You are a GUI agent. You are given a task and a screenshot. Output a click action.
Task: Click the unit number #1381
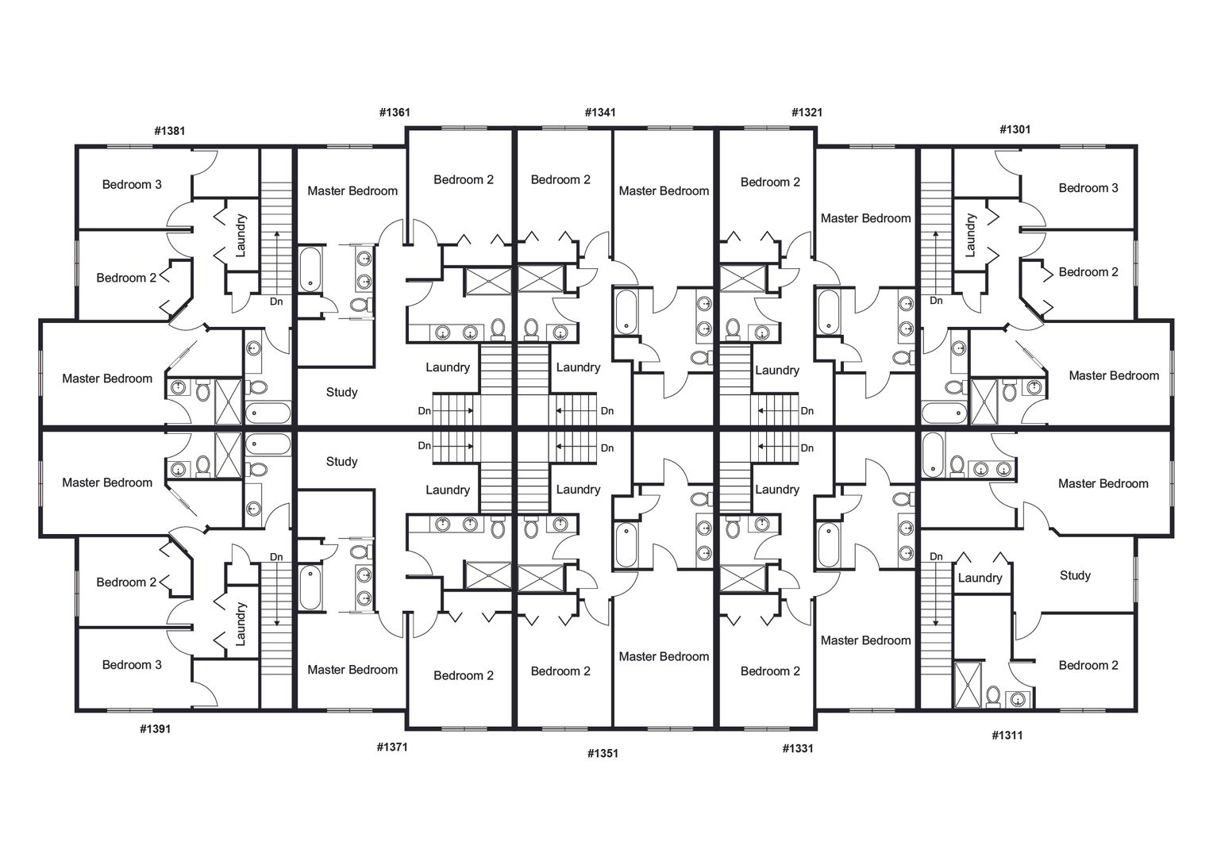[x=170, y=130]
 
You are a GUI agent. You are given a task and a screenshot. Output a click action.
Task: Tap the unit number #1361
[x=395, y=112]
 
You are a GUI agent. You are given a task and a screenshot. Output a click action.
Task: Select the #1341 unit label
[x=600, y=112]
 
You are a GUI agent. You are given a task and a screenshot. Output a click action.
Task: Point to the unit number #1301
[x=1015, y=129]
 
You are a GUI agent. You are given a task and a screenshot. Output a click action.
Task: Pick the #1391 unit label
[x=156, y=728]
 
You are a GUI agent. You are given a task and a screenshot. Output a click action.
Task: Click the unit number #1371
[x=392, y=747]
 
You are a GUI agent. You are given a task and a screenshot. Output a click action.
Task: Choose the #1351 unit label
[x=603, y=753]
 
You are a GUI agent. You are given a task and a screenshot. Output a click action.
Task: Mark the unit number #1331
[x=798, y=748]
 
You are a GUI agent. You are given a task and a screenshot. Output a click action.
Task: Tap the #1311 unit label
[x=1007, y=735]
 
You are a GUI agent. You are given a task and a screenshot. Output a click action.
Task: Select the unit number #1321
[x=807, y=112]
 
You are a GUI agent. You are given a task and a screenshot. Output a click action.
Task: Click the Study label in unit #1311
[x=1075, y=575]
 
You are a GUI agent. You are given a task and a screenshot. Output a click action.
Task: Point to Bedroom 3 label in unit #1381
[x=132, y=185]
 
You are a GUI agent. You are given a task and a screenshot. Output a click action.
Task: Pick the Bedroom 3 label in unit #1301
[x=1088, y=188]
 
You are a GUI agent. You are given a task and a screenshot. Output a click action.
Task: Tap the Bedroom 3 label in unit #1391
[x=132, y=665]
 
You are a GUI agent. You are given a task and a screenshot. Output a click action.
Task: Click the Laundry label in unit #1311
[x=980, y=578]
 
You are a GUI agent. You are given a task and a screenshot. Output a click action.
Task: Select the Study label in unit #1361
[x=341, y=392]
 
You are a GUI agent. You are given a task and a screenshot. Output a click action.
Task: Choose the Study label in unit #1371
[x=341, y=461]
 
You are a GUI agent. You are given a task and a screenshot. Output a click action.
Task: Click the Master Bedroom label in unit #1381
[x=107, y=379]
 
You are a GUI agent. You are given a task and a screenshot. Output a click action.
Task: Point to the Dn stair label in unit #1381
[x=276, y=302]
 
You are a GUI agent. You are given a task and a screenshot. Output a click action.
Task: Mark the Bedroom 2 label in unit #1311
[x=1088, y=665]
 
